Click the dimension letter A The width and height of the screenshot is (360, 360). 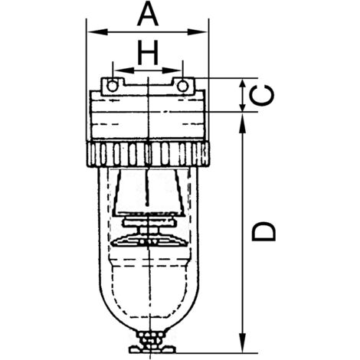coord(147,14)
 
